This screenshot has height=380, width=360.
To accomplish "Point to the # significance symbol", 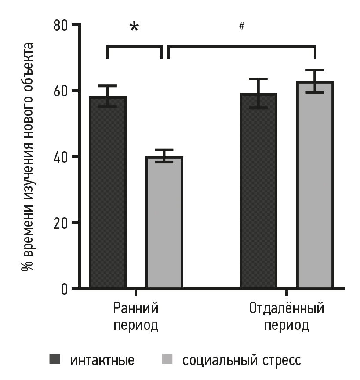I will click(241, 26).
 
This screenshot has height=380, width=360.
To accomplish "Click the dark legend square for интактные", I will click(55, 359).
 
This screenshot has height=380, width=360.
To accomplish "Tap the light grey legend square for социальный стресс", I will click(167, 359).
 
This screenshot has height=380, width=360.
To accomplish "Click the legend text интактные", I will click(102, 360).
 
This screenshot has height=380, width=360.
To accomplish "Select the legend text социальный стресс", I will click(242, 360).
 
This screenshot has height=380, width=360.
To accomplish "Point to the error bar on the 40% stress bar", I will click(164, 156).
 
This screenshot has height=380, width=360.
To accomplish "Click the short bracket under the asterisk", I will click(135, 46).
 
